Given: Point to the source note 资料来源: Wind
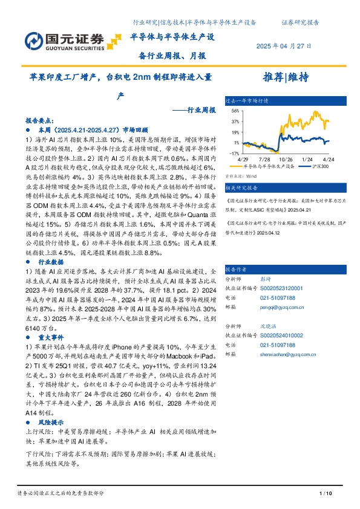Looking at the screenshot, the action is pyautogui.click(x=237, y=177).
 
